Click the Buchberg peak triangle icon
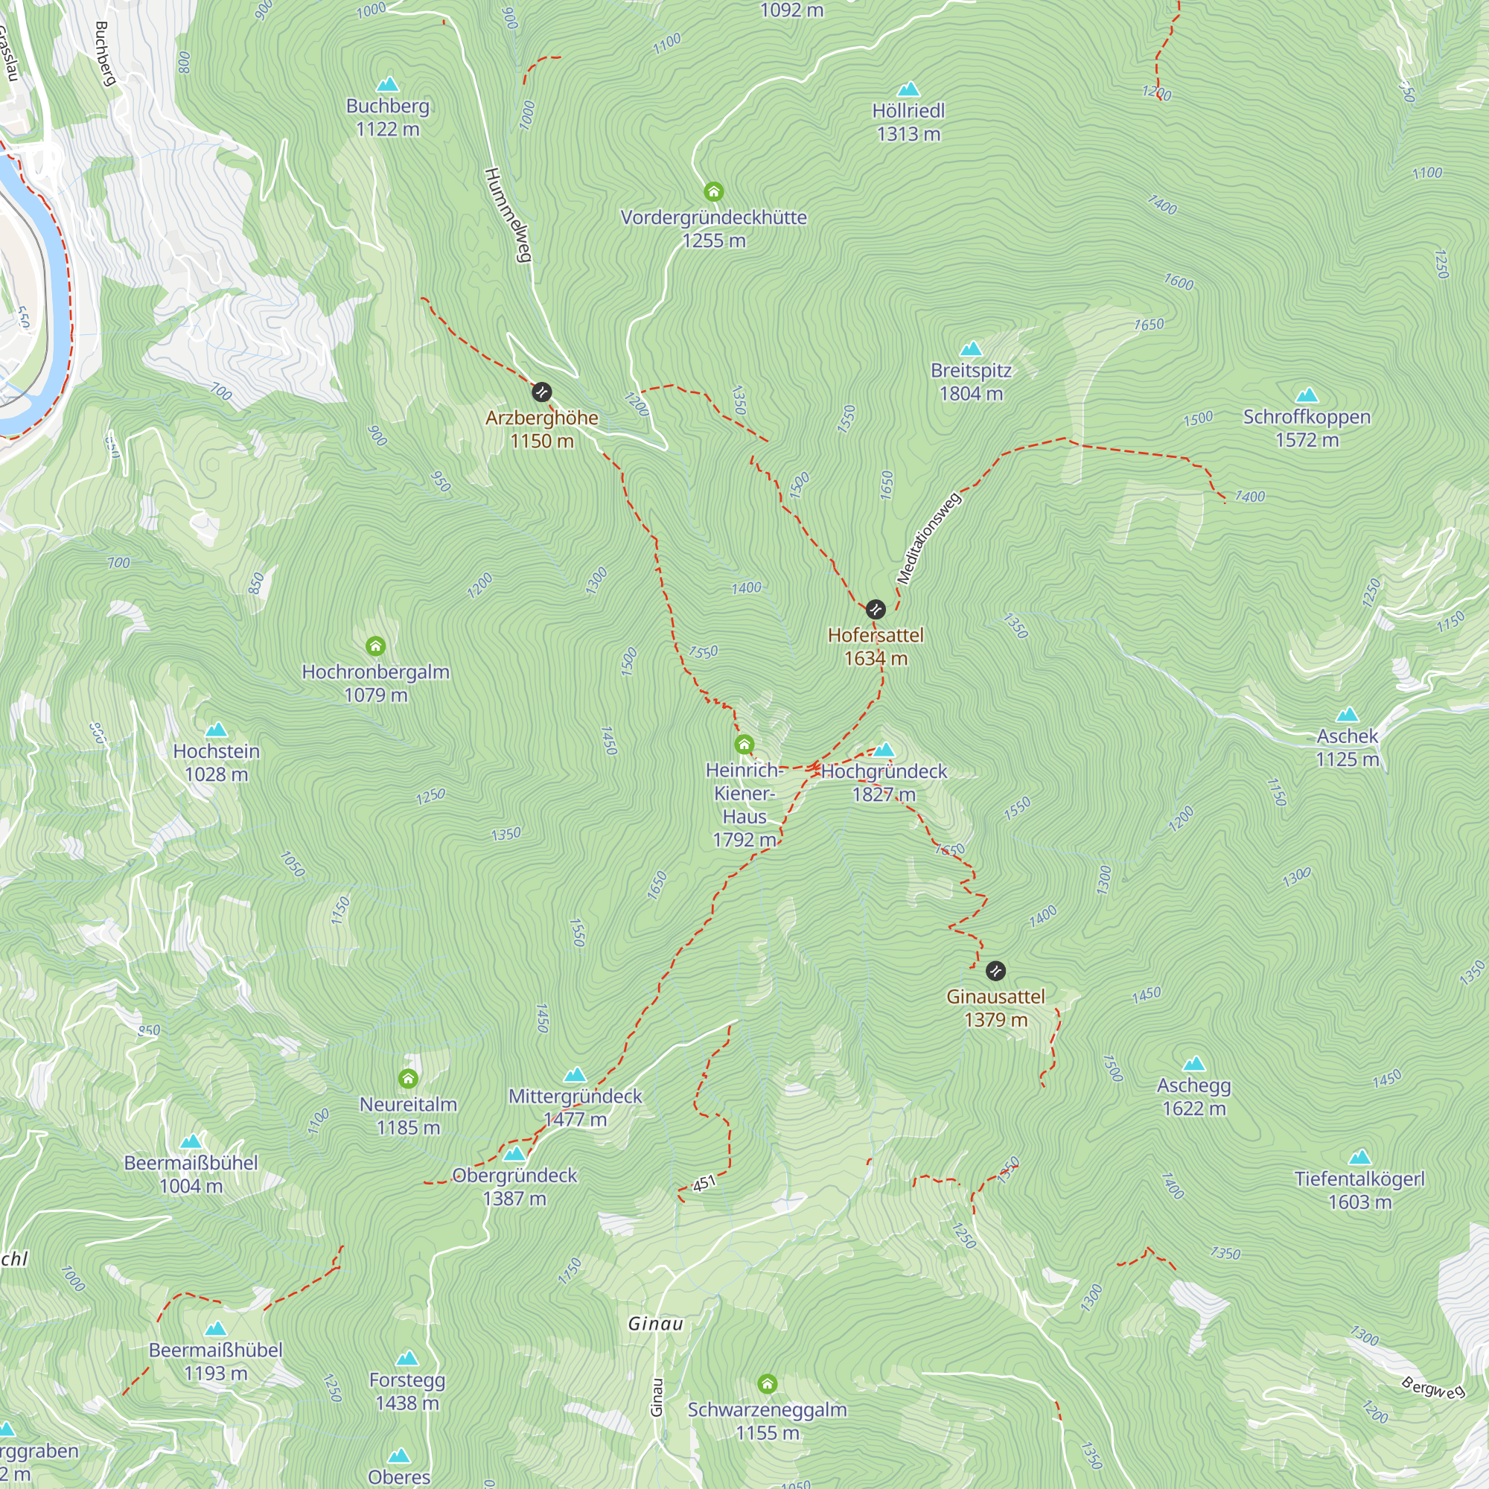pyautogui.click(x=388, y=84)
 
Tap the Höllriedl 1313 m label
pyautogui.click(x=908, y=123)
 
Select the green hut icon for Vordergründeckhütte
pyautogui.click(x=714, y=191)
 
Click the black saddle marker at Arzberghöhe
pyautogui.click(x=542, y=392)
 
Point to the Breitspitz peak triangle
pyautogui.click(x=971, y=349)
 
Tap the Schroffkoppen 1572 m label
pyautogui.click(x=1307, y=429)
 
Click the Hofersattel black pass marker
pyautogui.click(x=876, y=610)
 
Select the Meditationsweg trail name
pyautogui.click(x=928, y=538)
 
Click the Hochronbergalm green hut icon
pyautogui.click(x=375, y=645)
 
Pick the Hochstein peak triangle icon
pyautogui.click(x=217, y=730)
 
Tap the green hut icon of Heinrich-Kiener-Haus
pyautogui.click(x=744, y=744)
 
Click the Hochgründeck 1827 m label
pyautogui.click(x=884, y=782)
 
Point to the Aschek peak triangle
pyautogui.click(x=1348, y=715)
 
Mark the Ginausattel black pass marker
pyautogui.click(x=995, y=970)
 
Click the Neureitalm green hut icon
pyautogui.click(x=409, y=1078)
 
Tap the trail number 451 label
pyautogui.click(x=704, y=1183)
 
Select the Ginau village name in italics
pyautogui.click(x=656, y=1324)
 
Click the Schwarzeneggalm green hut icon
pyautogui.click(x=767, y=1383)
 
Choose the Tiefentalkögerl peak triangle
pyautogui.click(x=1360, y=1158)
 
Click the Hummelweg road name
pyautogui.click(x=508, y=215)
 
